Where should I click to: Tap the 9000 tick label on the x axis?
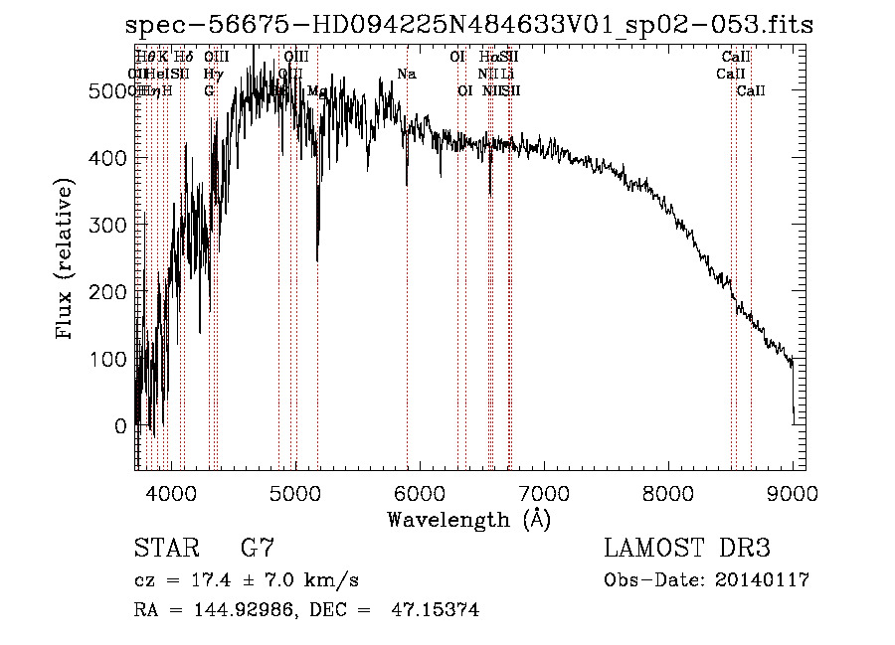pyautogui.click(x=793, y=490)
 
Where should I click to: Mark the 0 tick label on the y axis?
pyautogui.click(x=121, y=426)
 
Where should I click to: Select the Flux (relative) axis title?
pyautogui.click(x=67, y=258)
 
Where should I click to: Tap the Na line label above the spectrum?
pyautogui.click(x=406, y=75)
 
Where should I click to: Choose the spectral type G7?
pyautogui.click(x=258, y=549)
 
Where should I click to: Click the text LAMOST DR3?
pyautogui.click(x=687, y=549)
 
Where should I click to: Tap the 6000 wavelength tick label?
pyautogui.click(x=419, y=490)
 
